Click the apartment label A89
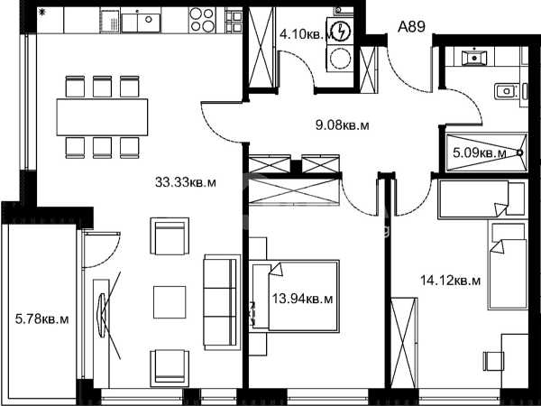tap(411, 26)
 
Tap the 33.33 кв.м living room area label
tap(186, 182)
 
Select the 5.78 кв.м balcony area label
tap(42, 319)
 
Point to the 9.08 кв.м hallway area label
tap(343, 125)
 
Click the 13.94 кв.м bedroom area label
tap(303, 299)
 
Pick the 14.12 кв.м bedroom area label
tap(450, 281)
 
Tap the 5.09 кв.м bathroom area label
tap(480, 152)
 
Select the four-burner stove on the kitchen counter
tap(202, 20)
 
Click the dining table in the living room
tap(102, 117)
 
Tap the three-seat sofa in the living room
tap(221, 302)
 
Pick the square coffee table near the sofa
tap(170, 301)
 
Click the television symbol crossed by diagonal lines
tap(103, 315)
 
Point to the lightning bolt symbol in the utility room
tap(343, 32)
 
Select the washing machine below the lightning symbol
tap(340, 58)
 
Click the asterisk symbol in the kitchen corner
tap(42, 14)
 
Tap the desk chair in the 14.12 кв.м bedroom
tap(494, 361)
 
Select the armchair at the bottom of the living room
tap(170, 368)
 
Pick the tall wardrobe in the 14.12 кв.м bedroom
tap(404, 342)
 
